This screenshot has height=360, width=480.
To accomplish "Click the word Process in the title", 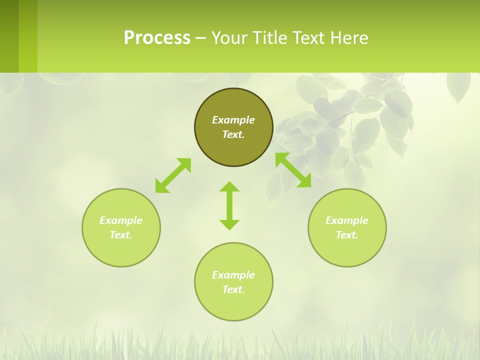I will [157, 38].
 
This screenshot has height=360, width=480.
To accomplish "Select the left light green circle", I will [121, 250].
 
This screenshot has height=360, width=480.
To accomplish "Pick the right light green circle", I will [347, 250].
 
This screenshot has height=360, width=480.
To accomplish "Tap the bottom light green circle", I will [233, 305].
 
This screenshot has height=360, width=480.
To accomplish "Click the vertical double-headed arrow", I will [229, 205].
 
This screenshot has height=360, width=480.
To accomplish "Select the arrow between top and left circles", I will [173, 175].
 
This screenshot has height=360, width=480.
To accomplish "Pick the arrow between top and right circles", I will [293, 170].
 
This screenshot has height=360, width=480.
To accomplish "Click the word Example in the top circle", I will [233, 120].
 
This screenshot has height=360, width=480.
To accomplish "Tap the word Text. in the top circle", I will [233, 134].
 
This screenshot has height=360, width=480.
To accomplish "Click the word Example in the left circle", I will [121, 220].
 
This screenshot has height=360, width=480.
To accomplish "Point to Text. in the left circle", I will [121, 235].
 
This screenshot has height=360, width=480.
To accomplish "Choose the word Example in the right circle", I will [347, 220].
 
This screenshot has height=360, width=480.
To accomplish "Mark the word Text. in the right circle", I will [347, 235].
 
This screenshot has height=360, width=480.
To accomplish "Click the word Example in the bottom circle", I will [233, 275].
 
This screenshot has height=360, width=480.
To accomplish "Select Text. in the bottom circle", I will [233, 289].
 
